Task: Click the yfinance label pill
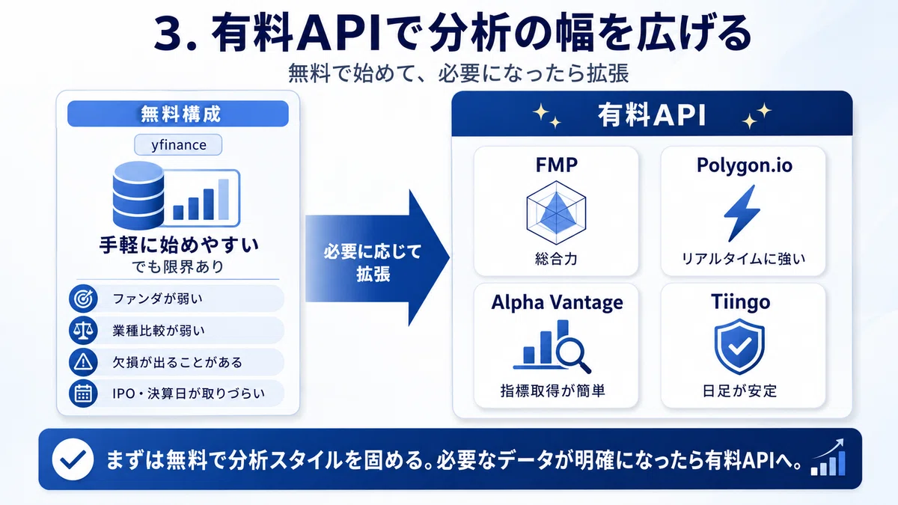pos(178,144)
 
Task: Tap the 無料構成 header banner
pos(178,114)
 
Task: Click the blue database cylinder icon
pos(138,195)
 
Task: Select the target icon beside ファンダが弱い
pos(83,299)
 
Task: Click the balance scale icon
pos(83,330)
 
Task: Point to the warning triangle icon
pos(83,362)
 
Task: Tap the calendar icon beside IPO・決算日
pos(83,394)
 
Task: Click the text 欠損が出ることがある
pos(177,362)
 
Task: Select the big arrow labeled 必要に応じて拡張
pos(377,258)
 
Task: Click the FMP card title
pos(557,165)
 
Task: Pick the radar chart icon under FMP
pos(556,212)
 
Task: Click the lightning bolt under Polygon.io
pos(742,213)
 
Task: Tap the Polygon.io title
pos(745,165)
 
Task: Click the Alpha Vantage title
pos(558,302)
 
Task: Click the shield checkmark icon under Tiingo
pos(739,346)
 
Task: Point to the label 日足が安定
pos(739,391)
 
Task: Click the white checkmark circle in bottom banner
pos(73,459)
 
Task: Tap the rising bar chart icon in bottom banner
pos(828,458)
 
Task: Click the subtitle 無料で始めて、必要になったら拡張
pos(459,73)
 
